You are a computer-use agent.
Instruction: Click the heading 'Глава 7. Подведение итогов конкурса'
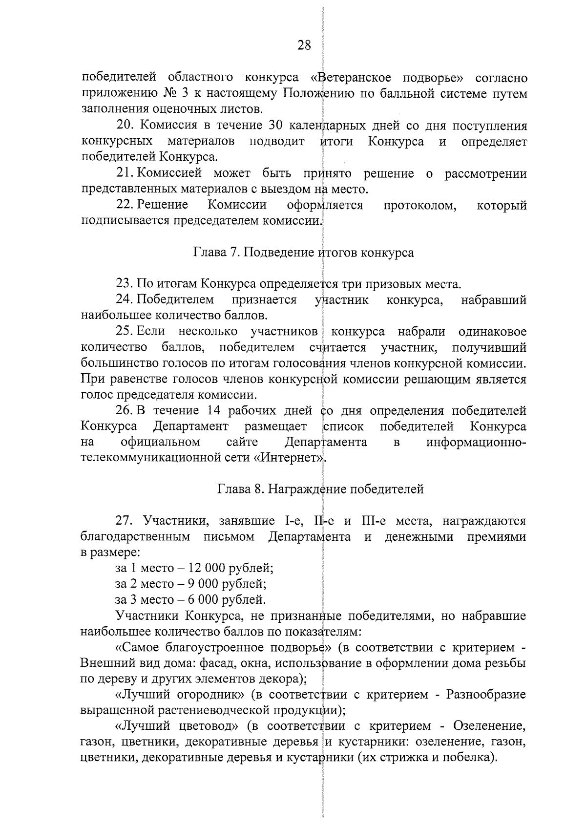[x=304, y=253]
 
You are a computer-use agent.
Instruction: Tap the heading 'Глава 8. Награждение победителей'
[x=320, y=489]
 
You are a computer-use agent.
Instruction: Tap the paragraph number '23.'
[x=125, y=284]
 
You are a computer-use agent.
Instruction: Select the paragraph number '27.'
[x=125, y=521]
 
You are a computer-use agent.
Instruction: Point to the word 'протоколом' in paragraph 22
[x=420, y=205]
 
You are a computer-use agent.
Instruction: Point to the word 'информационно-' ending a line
[x=476, y=443]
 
